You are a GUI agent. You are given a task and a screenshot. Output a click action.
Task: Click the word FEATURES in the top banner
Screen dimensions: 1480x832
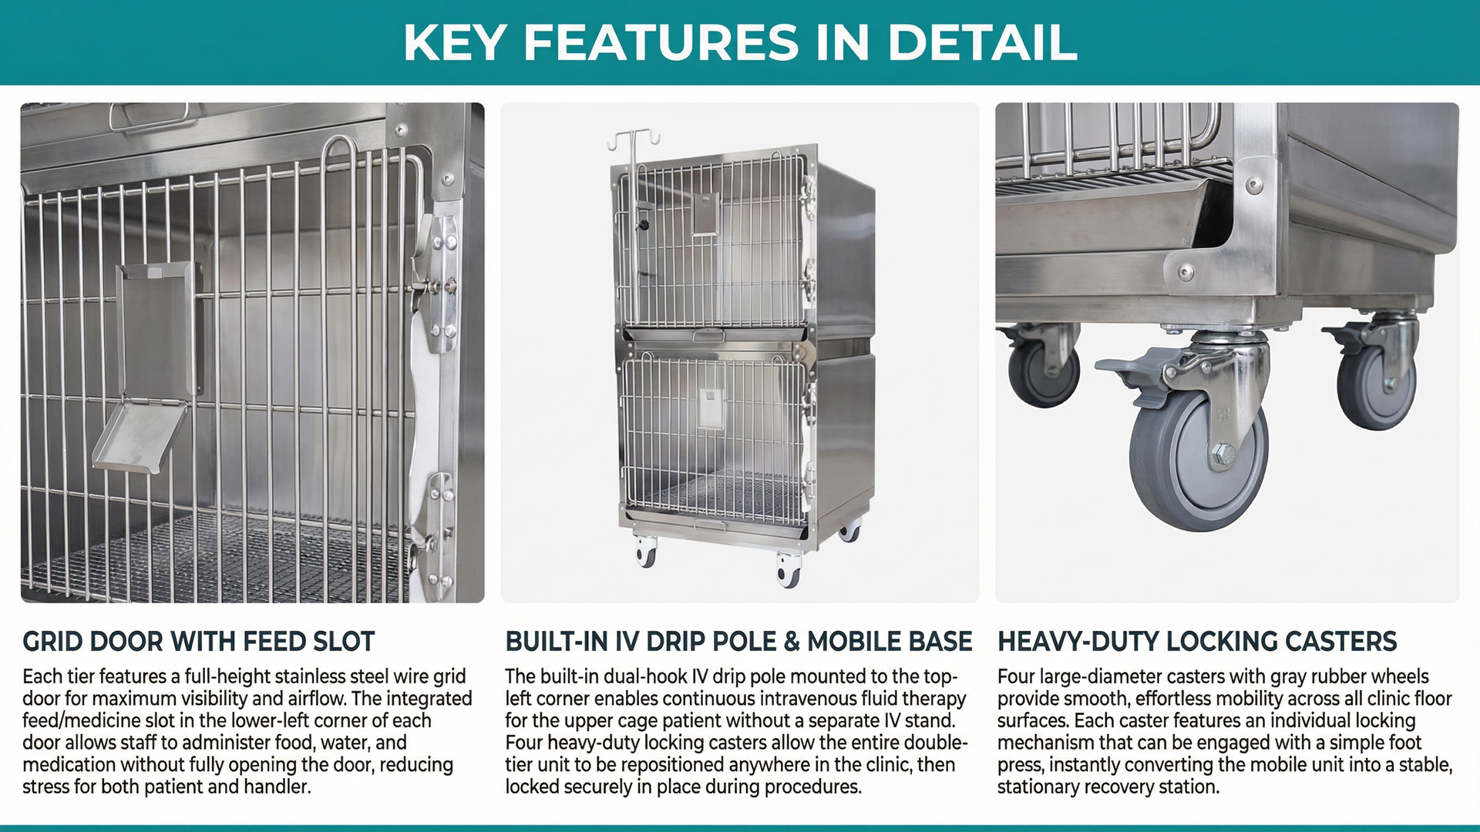coord(661,43)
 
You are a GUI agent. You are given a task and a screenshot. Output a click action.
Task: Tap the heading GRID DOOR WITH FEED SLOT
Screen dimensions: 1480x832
coord(199,642)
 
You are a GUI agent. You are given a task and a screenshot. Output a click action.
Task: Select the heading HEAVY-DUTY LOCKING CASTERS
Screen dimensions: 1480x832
coord(1197,642)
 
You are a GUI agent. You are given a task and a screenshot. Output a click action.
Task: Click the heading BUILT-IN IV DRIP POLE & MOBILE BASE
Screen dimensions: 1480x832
coord(738,642)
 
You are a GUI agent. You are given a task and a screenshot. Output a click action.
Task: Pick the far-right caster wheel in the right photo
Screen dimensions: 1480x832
coord(1377,385)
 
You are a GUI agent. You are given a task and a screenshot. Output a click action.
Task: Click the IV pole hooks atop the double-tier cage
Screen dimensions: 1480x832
coord(634,140)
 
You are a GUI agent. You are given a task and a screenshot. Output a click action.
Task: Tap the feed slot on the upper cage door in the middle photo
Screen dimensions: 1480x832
coord(705,214)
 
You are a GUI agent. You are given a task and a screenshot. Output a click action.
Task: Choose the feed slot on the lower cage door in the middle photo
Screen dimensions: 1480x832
coord(711,409)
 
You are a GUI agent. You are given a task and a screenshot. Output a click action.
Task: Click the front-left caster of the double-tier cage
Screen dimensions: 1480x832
coord(645,552)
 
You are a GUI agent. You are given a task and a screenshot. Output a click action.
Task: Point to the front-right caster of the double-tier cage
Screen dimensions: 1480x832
coord(789,569)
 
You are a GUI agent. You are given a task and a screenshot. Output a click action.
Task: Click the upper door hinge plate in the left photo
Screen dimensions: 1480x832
coord(442,285)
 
